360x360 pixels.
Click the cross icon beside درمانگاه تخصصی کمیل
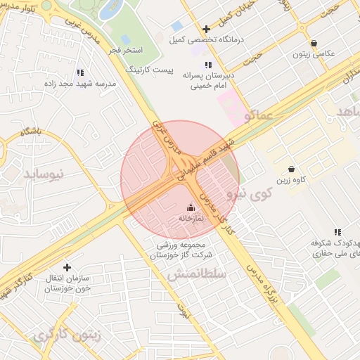click(x=206, y=29)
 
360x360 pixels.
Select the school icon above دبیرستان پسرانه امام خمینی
click(x=208, y=65)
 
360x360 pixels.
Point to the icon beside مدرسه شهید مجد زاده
click(x=79, y=72)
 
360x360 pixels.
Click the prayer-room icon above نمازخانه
click(x=190, y=207)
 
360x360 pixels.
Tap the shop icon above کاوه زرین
click(x=291, y=169)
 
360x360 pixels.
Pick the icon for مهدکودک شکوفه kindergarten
click(x=337, y=232)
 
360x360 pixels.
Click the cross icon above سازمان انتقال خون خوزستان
click(x=67, y=267)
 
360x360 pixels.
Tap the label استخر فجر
click(x=127, y=51)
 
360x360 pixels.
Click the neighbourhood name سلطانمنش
click(x=197, y=274)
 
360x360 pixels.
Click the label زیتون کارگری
click(x=67, y=335)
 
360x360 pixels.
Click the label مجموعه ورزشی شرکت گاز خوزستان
click(x=184, y=250)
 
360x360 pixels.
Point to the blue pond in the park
click(x=111, y=10)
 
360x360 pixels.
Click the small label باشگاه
click(x=32, y=131)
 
